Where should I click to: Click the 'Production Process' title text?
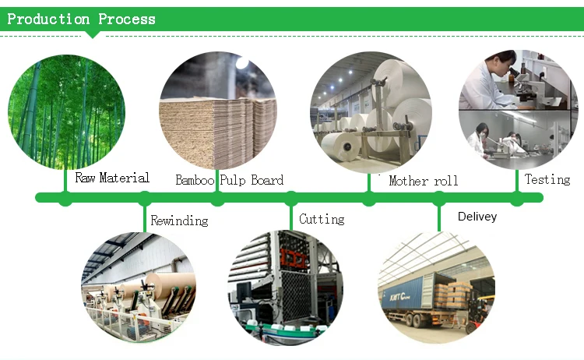click(x=81, y=19)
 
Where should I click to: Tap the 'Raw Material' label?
click(x=112, y=178)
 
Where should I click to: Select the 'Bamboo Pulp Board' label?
click(x=229, y=180)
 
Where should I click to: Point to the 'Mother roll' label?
click(x=424, y=181)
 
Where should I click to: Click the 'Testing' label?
click(x=547, y=179)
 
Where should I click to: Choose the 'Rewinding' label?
click(x=179, y=221)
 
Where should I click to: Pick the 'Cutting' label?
click(x=322, y=219)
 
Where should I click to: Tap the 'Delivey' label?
click(x=477, y=217)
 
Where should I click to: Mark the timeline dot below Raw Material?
click(x=65, y=198)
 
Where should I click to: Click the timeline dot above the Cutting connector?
click(x=291, y=198)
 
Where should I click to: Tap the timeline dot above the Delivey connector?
click(x=440, y=198)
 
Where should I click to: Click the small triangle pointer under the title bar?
click(x=93, y=34)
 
